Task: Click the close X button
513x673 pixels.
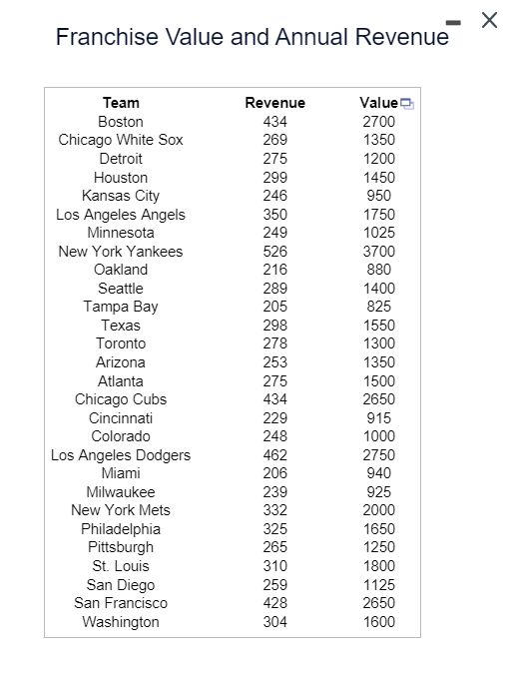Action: pyautogui.click(x=488, y=21)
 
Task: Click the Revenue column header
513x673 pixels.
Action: pyautogui.click(x=274, y=103)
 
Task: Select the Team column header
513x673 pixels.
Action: pyautogui.click(x=121, y=103)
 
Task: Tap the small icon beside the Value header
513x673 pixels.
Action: pyautogui.click(x=406, y=103)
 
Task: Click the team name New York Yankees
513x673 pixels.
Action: pyautogui.click(x=121, y=252)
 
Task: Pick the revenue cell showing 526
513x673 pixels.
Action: pyautogui.click(x=274, y=252)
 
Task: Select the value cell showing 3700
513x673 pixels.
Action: pyautogui.click(x=378, y=252)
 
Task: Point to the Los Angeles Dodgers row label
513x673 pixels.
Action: pyautogui.click(x=121, y=455)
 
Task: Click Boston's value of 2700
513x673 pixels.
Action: pyautogui.click(x=378, y=122)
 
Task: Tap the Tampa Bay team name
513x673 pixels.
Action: pyautogui.click(x=121, y=307)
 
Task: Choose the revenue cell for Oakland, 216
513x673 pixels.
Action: pyautogui.click(x=274, y=270)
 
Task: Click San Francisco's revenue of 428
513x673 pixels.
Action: pyautogui.click(x=274, y=603)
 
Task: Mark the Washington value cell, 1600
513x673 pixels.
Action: pyautogui.click(x=378, y=622)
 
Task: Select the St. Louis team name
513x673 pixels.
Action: pyautogui.click(x=121, y=566)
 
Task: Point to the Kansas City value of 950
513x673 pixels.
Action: pyautogui.click(x=378, y=196)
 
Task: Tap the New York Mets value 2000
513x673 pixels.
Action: pyautogui.click(x=378, y=510)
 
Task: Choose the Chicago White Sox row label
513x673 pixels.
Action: pyautogui.click(x=121, y=140)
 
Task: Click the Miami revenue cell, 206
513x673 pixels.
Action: pyautogui.click(x=274, y=473)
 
